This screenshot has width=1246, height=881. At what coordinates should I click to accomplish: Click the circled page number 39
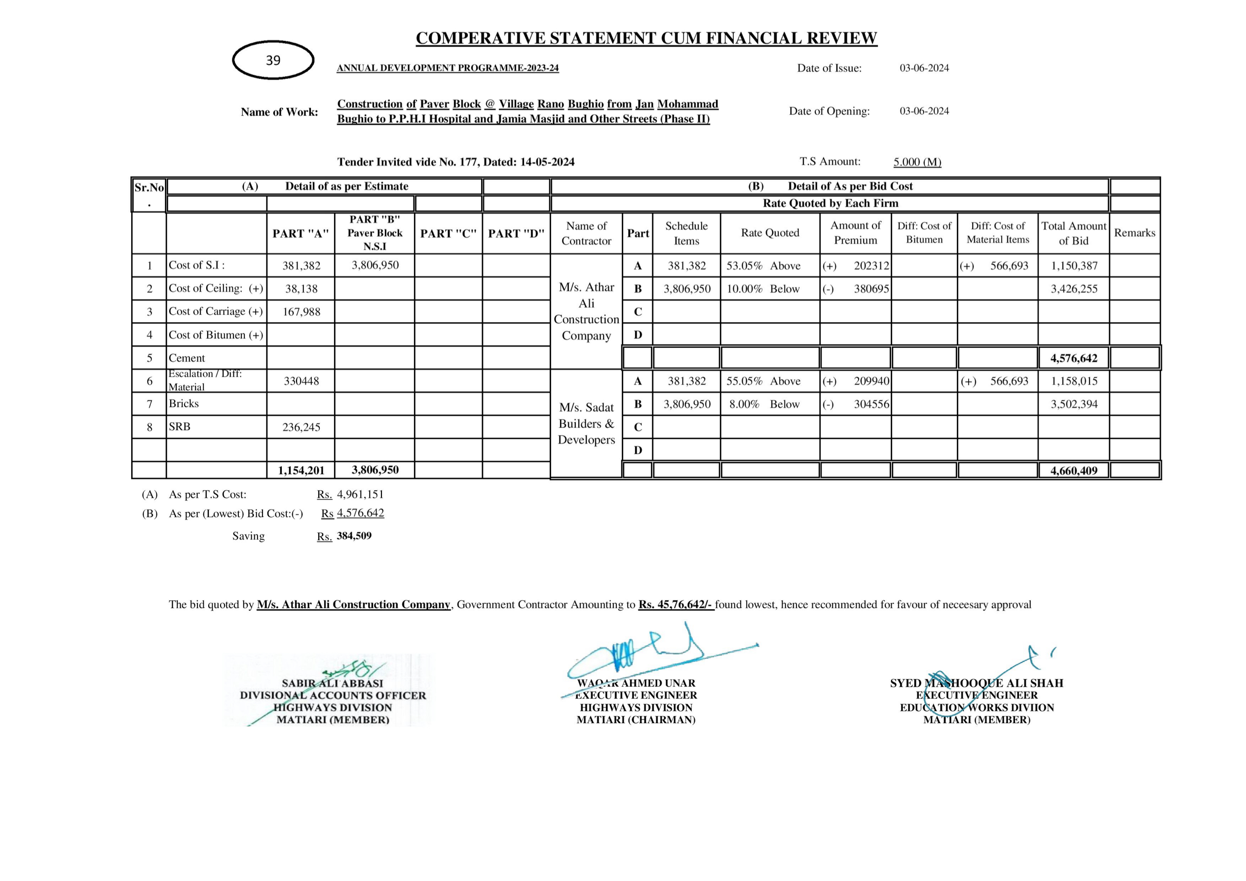(273, 60)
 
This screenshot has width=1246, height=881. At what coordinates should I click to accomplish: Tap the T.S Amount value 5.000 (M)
(917, 162)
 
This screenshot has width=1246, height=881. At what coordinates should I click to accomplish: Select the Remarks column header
(1135, 233)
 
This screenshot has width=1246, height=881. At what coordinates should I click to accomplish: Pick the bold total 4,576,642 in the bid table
(1073, 358)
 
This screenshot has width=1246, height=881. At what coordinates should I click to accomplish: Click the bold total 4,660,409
(1073, 470)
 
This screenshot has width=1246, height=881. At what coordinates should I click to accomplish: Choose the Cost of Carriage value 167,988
(301, 312)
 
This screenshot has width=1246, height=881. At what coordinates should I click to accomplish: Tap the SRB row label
(180, 427)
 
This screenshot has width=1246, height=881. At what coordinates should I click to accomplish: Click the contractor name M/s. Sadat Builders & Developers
(586, 423)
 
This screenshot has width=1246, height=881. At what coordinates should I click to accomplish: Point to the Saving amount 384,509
(354, 536)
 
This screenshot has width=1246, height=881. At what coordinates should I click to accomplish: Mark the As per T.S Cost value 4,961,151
(360, 494)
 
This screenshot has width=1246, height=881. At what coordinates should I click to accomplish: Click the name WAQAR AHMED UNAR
(636, 683)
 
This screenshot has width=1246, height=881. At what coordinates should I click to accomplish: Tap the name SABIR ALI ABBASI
(332, 684)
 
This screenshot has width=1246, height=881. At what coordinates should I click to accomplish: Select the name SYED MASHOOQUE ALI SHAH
(976, 683)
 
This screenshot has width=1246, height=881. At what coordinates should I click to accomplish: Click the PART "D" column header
(516, 234)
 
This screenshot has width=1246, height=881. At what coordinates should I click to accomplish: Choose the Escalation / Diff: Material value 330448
(301, 381)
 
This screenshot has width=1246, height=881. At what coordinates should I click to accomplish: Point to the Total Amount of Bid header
(1073, 233)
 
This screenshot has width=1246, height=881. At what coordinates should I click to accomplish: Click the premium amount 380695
(871, 289)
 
